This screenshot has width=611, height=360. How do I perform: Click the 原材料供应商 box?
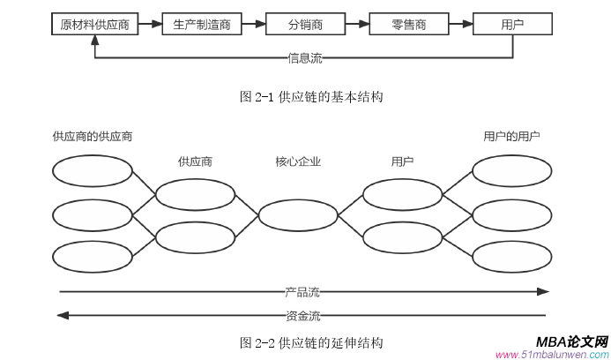[94, 25]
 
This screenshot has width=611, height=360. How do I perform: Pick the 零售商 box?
[409, 25]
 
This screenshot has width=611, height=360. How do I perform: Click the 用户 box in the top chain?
[511, 25]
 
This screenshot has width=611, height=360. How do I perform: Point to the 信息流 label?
[305, 59]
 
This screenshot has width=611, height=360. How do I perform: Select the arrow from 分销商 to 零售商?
[358, 25]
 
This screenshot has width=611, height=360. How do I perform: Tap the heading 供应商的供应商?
[93, 136]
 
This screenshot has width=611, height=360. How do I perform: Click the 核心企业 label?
[298, 161]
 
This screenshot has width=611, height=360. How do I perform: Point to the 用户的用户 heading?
[511, 136]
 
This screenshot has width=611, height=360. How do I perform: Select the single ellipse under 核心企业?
[298, 215]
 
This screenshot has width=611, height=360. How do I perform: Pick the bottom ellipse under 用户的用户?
[511, 257]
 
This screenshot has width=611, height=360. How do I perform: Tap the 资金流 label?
[302, 314]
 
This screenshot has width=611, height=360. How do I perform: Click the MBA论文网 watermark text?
[571, 341]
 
